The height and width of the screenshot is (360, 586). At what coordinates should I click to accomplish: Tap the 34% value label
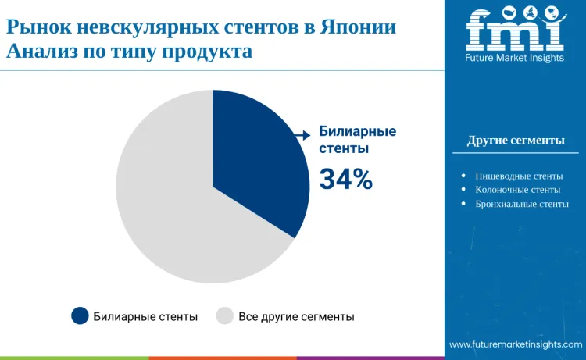[x=346, y=180]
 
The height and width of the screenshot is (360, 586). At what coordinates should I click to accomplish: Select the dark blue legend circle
[x=80, y=315]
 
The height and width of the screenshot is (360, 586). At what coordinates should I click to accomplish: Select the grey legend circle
[x=225, y=315]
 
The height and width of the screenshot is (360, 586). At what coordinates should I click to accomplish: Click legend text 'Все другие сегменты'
[x=296, y=316]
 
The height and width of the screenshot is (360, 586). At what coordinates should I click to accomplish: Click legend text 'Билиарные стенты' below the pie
[x=145, y=316]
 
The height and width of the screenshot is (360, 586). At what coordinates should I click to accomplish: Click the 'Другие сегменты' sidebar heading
[x=516, y=141]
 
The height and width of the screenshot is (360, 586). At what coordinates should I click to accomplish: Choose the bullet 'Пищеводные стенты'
[x=518, y=176]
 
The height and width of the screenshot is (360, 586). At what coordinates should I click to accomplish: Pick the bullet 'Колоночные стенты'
[x=517, y=190]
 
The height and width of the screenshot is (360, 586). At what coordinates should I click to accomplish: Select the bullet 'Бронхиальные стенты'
[x=521, y=204]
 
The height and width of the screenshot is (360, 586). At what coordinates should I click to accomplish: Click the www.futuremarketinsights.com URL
[x=516, y=344]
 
